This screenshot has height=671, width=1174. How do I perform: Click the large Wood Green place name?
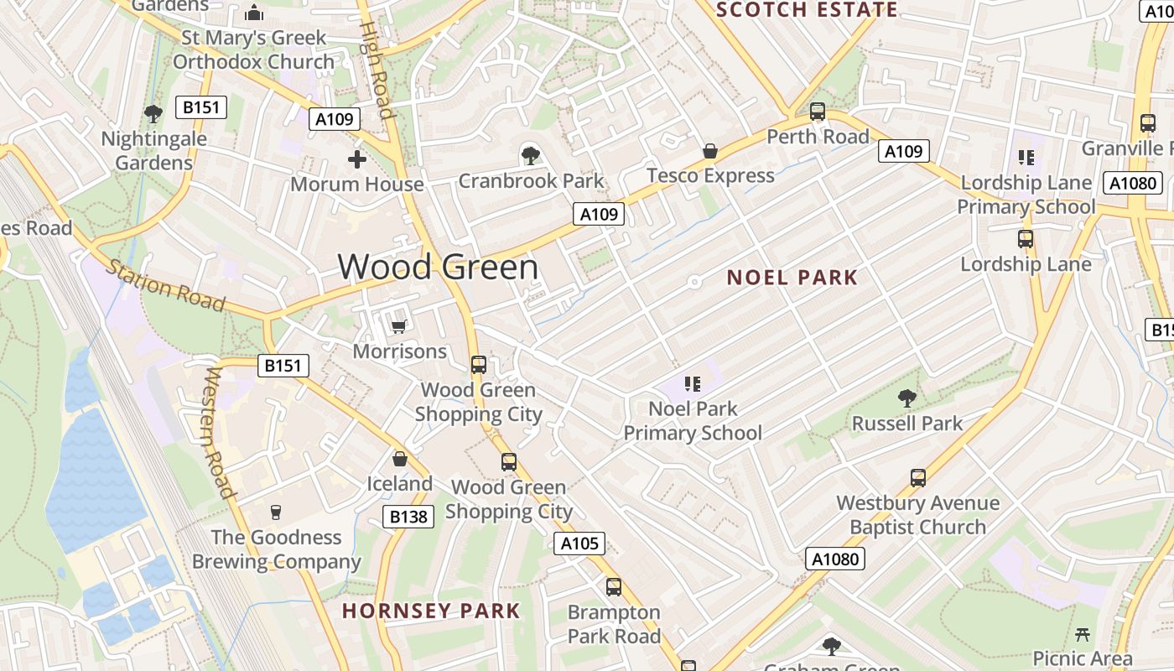point(438,267)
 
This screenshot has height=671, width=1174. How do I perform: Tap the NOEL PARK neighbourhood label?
point(792,278)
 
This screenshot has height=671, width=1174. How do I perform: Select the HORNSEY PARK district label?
point(431,611)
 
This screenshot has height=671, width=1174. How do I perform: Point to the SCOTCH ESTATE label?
point(808,10)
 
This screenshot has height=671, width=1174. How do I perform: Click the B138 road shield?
point(408,517)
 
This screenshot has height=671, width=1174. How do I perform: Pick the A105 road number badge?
point(579,544)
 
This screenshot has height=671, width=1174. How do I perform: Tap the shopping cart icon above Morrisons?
point(399,325)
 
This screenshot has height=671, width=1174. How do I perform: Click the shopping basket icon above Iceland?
point(400,459)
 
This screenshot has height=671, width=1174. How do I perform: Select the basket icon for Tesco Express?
point(710,151)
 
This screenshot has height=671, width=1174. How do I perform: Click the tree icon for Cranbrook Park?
point(530,155)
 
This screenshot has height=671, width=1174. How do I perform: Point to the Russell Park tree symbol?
point(906,398)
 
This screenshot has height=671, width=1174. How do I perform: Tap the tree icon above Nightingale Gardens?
point(153,113)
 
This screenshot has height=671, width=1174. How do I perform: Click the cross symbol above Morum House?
point(357,159)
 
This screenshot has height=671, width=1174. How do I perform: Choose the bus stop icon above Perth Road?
point(818,112)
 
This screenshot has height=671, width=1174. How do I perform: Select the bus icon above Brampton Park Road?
point(614,587)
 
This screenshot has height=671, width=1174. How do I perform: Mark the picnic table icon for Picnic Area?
point(1083,634)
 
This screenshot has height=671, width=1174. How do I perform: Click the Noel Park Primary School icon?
point(693,384)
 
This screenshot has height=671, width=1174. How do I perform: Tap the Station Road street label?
point(165,286)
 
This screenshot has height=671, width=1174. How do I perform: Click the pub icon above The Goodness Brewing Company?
point(275,512)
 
